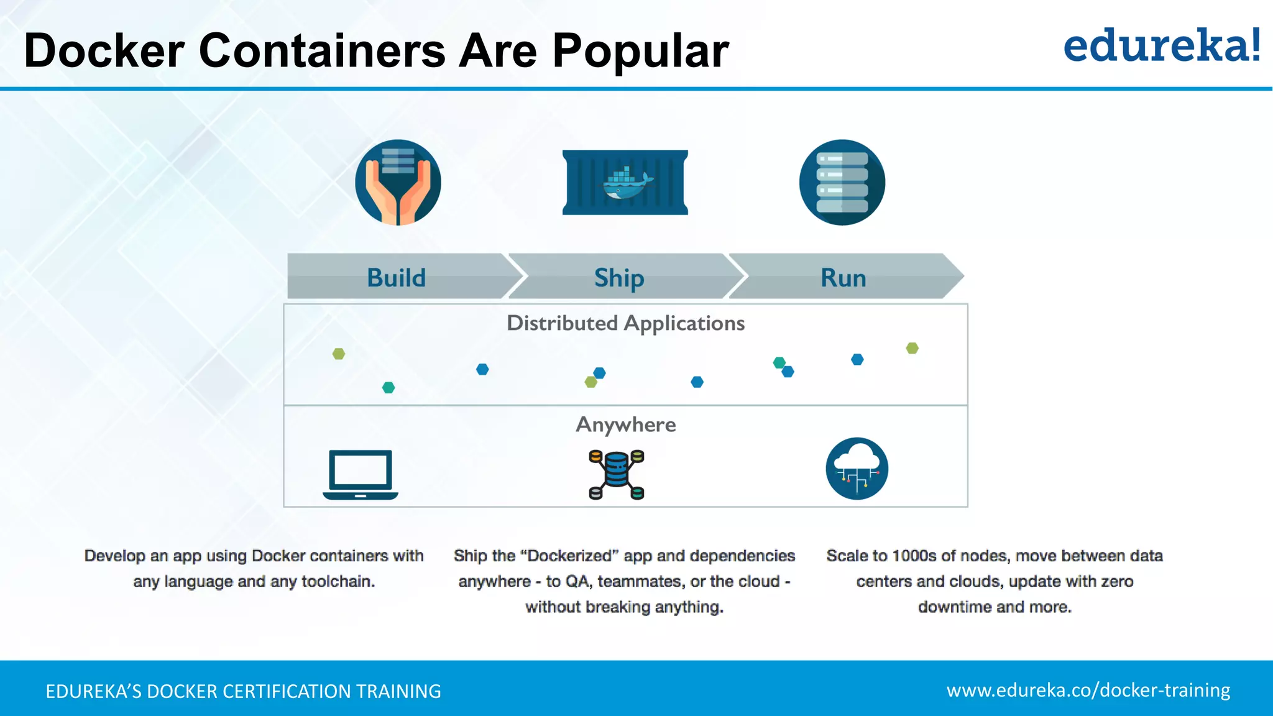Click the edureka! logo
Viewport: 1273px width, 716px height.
(1161, 46)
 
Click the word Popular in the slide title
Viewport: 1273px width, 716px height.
(640, 51)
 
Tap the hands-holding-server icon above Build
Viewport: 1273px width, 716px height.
(398, 182)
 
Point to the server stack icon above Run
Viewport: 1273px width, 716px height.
(842, 182)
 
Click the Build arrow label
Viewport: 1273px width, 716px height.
(396, 277)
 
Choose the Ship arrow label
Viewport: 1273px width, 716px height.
(619, 277)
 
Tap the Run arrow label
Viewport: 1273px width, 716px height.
(843, 277)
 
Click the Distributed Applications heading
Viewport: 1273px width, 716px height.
(625, 323)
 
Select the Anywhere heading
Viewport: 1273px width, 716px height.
(625, 425)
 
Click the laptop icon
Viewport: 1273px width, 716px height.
(361, 474)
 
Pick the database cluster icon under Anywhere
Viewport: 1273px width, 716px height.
(616, 475)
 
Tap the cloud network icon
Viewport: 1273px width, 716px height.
(857, 469)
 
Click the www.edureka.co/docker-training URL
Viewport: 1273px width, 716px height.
(1088, 691)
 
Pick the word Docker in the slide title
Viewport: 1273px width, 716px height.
(104, 51)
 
